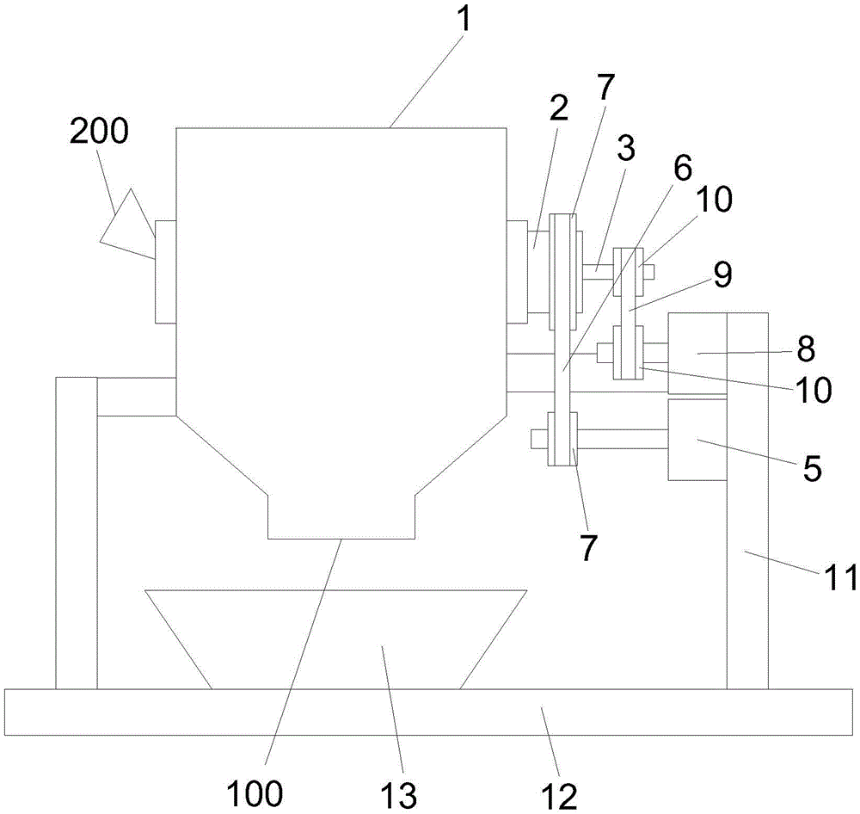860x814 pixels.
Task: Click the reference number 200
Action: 99,132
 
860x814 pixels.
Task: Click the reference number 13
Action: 399,794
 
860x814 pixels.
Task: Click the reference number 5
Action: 813,468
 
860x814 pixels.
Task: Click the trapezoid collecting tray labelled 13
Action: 335,639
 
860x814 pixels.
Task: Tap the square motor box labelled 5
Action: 697,440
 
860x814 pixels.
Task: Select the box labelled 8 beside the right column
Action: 697,353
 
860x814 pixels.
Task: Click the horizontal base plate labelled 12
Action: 429,712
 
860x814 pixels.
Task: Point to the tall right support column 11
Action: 747,501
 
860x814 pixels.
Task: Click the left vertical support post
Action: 77,533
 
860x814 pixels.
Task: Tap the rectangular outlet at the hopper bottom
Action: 341,516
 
